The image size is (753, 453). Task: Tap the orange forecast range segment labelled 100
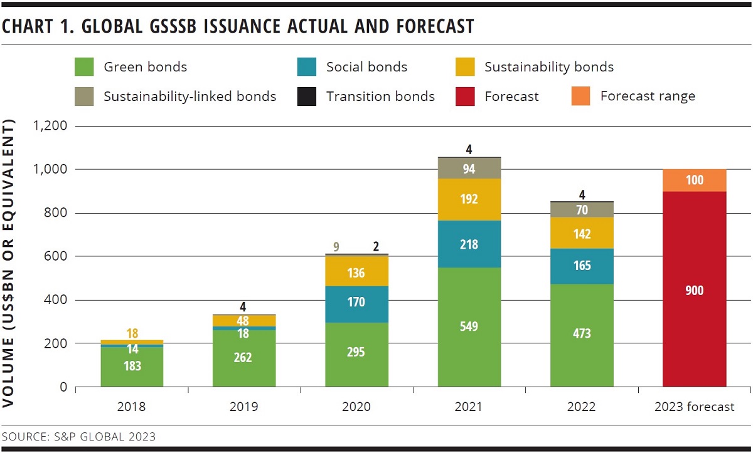point(695,180)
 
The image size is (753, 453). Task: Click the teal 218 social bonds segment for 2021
point(469,244)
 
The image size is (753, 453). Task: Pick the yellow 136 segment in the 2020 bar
point(356,273)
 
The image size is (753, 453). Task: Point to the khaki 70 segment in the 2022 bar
point(582,210)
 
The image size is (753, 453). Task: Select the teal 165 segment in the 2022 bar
point(582,266)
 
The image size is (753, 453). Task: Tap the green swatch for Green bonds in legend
point(84,67)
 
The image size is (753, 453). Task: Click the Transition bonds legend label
point(380,96)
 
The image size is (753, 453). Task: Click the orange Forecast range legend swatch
point(580,96)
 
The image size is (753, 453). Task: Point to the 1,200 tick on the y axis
point(50,126)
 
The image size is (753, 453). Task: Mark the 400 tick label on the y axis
point(55,300)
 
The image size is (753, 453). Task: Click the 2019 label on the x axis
point(243,407)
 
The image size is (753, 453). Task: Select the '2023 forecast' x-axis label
point(694,407)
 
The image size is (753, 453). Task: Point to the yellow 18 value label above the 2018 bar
point(132,333)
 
